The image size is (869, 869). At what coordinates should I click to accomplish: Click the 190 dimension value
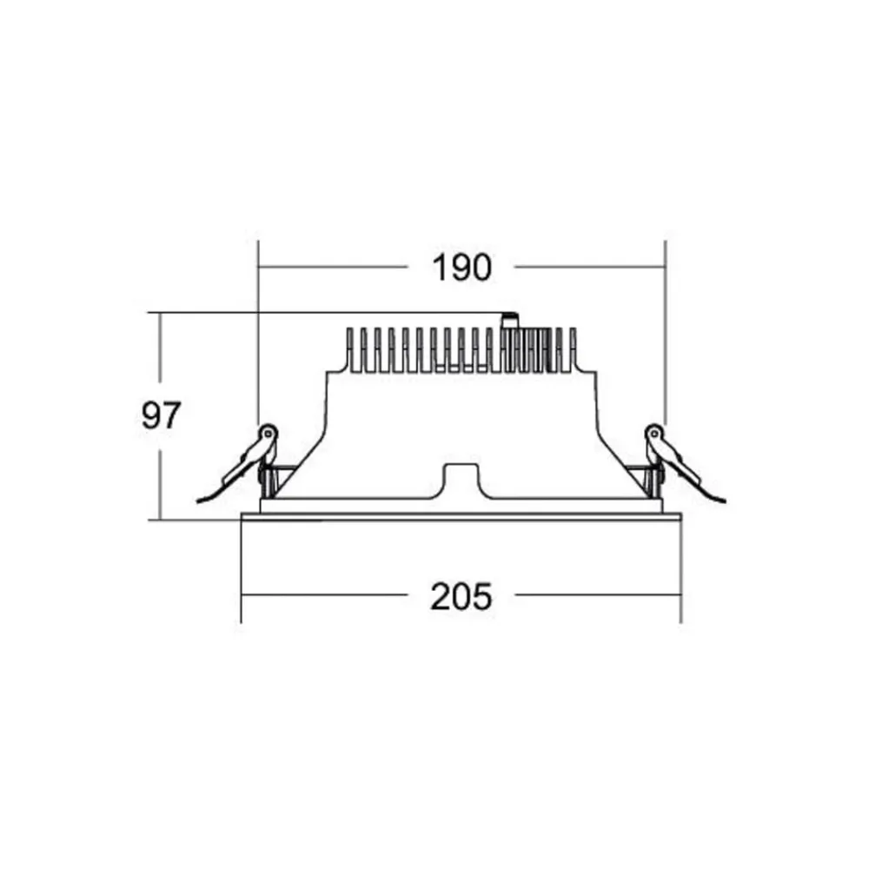(x=461, y=268)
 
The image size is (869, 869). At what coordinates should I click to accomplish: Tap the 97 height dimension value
(x=162, y=415)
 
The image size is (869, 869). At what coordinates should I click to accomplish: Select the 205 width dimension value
(x=461, y=596)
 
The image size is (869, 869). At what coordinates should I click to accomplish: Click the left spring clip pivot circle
(x=269, y=433)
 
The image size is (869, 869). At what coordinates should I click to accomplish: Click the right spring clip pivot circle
(x=654, y=433)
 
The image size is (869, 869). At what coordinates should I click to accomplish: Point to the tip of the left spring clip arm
(x=198, y=502)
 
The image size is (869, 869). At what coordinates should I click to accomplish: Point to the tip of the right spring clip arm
(x=726, y=502)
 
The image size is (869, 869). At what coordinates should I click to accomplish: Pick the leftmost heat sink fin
(x=350, y=349)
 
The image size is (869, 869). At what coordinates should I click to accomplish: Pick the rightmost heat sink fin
(x=573, y=349)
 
